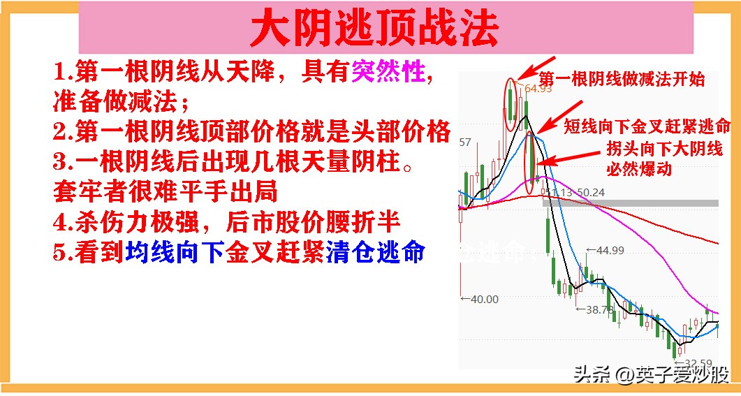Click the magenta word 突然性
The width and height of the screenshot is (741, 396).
pos(388,72)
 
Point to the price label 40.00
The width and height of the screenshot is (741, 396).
pos(481,299)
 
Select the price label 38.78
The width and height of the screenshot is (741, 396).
pos(599,309)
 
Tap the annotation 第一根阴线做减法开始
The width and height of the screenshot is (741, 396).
pos(622,79)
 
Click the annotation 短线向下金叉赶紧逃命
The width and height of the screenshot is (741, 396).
pos(647,126)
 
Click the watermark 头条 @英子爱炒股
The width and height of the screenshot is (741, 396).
pos(651,375)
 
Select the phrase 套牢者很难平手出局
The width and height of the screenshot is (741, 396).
pos(165,191)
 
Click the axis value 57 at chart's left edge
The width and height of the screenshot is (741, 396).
pos(465,142)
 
